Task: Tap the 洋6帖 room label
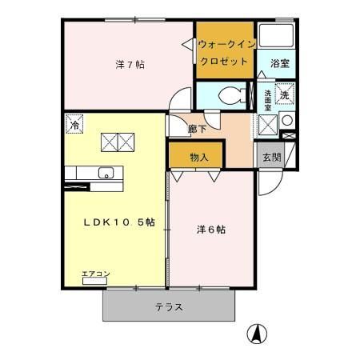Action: click(211, 230)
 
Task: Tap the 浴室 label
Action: click(279, 62)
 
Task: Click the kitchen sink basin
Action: click(105, 173)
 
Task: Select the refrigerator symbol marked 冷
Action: click(74, 126)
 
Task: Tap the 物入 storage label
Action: click(199, 158)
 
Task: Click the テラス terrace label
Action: click(169, 306)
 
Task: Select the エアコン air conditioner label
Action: click(96, 275)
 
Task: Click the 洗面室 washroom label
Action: click(268, 101)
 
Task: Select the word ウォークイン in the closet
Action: click(225, 45)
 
